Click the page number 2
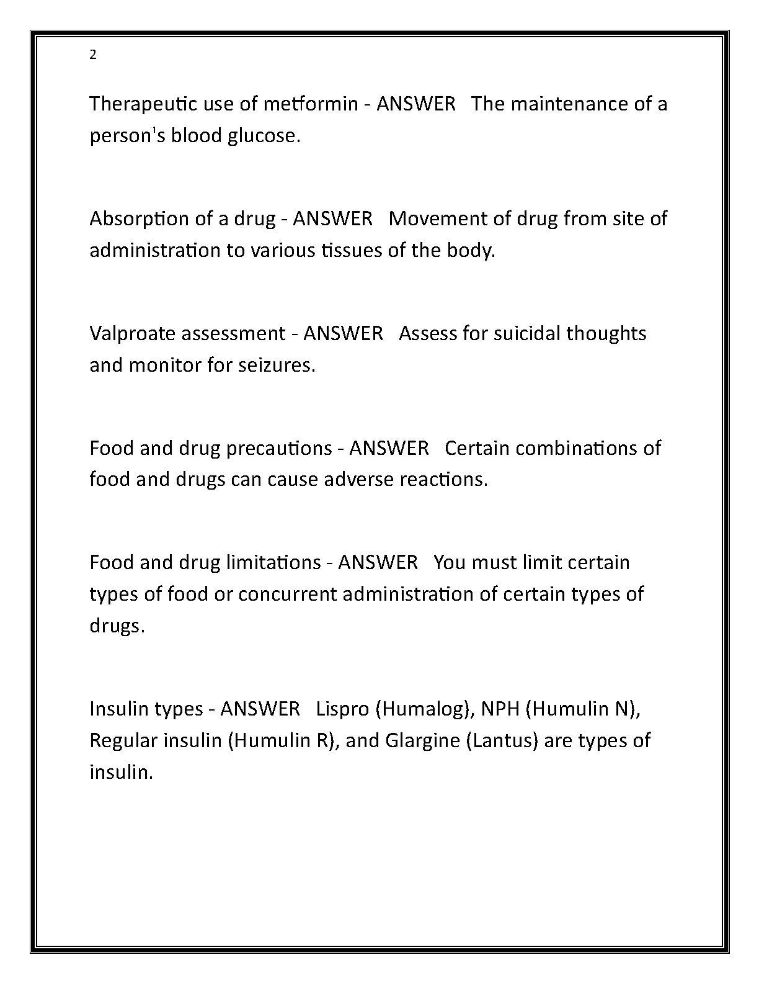click(93, 55)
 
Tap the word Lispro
click(342, 709)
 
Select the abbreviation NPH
click(500, 709)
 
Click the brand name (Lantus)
click(501, 740)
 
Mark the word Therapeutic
click(143, 104)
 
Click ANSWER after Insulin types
click(260, 709)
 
